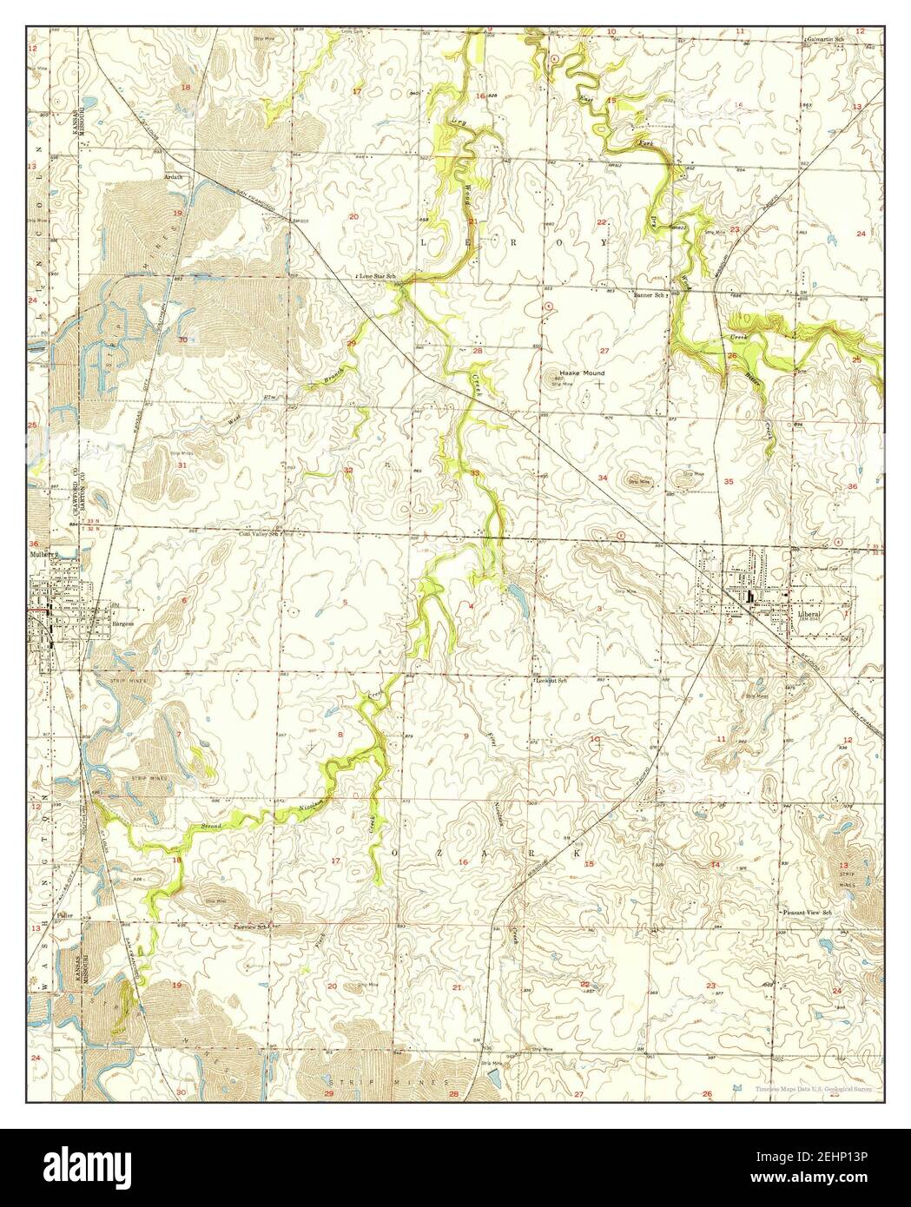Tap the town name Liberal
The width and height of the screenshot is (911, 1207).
coord(808,612)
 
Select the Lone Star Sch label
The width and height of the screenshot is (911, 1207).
coord(377,275)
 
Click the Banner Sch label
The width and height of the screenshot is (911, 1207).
coord(649,295)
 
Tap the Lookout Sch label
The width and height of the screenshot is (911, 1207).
coord(551,681)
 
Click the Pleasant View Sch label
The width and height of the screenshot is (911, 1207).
coord(808,913)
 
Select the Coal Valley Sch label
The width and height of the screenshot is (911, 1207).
coord(260,535)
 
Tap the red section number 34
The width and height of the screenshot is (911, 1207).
coord(603,478)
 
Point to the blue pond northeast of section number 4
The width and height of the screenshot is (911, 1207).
coord(516,596)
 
